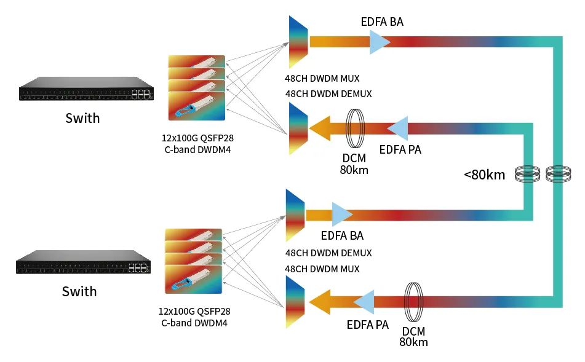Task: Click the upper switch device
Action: coord(86,89)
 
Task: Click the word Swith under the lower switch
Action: coord(79,291)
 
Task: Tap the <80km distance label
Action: coord(485,175)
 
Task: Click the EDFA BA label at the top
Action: coord(382,22)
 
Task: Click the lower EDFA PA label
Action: coord(367,325)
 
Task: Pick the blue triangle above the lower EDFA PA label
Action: coord(364,302)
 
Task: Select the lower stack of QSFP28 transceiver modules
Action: coord(193,261)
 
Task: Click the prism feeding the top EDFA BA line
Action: coord(298,42)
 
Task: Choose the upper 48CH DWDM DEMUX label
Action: coord(328,94)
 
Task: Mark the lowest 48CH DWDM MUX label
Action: coord(322,269)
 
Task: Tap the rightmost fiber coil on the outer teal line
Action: coord(557,175)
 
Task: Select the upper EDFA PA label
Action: coord(400,149)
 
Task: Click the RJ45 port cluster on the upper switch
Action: coord(141,94)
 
